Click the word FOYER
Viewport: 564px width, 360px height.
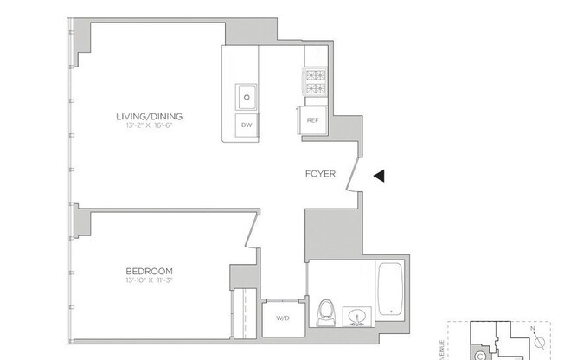click(x=320, y=174)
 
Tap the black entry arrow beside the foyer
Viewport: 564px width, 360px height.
click(x=378, y=176)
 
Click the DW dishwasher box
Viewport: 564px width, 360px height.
click(x=247, y=125)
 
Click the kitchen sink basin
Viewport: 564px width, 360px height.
click(x=247, y=95)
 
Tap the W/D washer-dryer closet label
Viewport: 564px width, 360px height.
click(x=282, y=318)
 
